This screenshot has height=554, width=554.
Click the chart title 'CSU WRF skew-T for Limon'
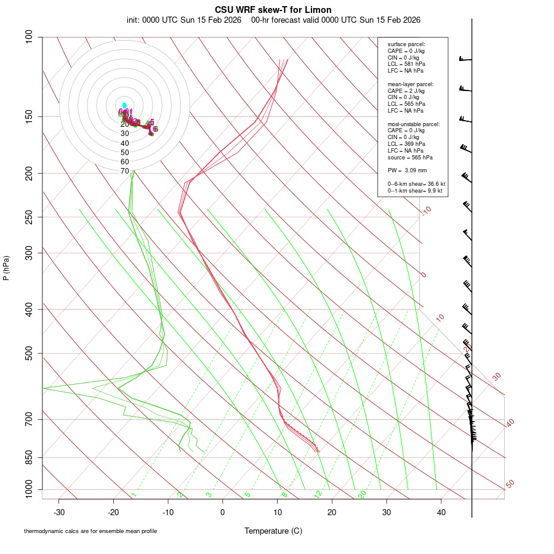[x=273, y=10]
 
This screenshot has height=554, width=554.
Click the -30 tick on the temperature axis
[x=59, y=512]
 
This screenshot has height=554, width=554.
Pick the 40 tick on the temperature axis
[x=441, y=512]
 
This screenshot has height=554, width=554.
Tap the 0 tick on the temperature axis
[x=223, y=512]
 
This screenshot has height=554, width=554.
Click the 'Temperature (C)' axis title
[x=273, y=531]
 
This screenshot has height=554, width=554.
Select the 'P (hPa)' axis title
[x=6, y=268]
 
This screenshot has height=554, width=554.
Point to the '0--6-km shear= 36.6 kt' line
[x=416, y=184]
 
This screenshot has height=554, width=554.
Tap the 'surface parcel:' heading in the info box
[x=406, y=44]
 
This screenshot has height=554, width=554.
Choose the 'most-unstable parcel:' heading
[x=414, y=124]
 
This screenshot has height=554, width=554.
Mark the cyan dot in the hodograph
[x=124, y=105]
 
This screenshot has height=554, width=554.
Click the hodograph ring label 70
[x=125, y=171]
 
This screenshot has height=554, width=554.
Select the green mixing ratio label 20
[x=363, y=494]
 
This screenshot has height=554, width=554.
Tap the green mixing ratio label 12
[x=318, y=494]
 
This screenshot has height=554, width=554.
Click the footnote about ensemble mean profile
[x=90, y=531]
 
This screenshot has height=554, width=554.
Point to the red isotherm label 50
[x=510, y=484]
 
